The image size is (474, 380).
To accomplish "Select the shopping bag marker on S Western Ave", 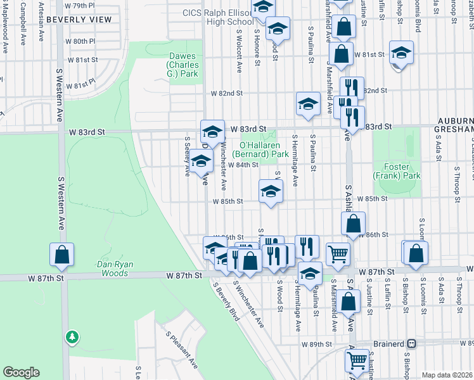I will click(x=62, y=255).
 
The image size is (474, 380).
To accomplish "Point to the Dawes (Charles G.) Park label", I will click(x=183, y=65).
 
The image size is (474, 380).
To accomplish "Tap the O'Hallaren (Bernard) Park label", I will click(x=260, y=149).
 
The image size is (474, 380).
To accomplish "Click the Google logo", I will click(x=21, y=372).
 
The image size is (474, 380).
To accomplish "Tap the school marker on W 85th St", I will click(x=271, y=193).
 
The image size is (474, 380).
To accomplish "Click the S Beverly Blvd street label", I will click(x=226, y=301).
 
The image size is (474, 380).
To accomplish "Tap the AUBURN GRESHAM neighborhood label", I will click(x=454, y=124).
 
